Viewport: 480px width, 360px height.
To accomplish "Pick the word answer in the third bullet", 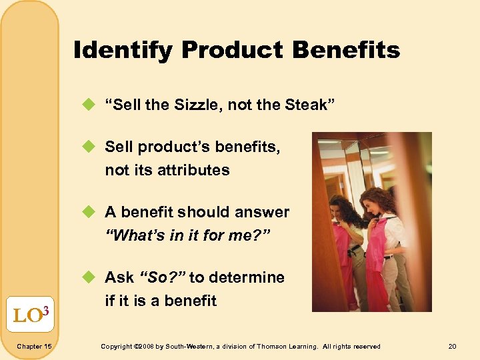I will point(264,212).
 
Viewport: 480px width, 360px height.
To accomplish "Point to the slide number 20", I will point(453,347).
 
